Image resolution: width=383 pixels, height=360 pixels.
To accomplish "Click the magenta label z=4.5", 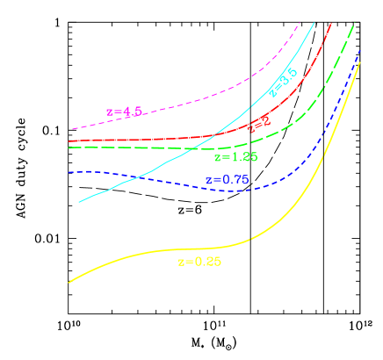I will click(124, 112).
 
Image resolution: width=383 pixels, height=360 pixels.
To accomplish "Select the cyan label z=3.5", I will click(283, 82).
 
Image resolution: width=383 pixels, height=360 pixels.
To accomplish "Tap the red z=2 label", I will click(258, 126).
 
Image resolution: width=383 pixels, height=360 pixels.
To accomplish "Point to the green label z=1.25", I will click(235, 157).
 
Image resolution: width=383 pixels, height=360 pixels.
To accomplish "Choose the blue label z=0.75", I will click(228, 180).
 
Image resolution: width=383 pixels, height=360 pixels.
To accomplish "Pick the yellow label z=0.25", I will click(199, 262).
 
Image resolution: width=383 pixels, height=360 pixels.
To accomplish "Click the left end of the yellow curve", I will click(69, 282).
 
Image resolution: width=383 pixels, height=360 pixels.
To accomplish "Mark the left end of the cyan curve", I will click(79, 202).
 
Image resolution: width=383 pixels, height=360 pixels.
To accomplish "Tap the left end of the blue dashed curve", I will click(69, 172).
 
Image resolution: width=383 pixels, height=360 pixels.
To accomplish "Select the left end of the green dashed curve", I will click(69, 148).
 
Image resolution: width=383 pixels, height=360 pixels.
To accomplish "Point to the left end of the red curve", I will click(69, 140).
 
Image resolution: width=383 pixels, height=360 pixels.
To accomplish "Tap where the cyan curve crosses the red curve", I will click(215, 134).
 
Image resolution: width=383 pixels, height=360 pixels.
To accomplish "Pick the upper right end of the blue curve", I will click(361, 50).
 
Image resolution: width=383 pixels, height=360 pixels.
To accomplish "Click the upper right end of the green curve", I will click(354, 25).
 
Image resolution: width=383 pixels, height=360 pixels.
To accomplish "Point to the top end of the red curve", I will click(331, 24).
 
